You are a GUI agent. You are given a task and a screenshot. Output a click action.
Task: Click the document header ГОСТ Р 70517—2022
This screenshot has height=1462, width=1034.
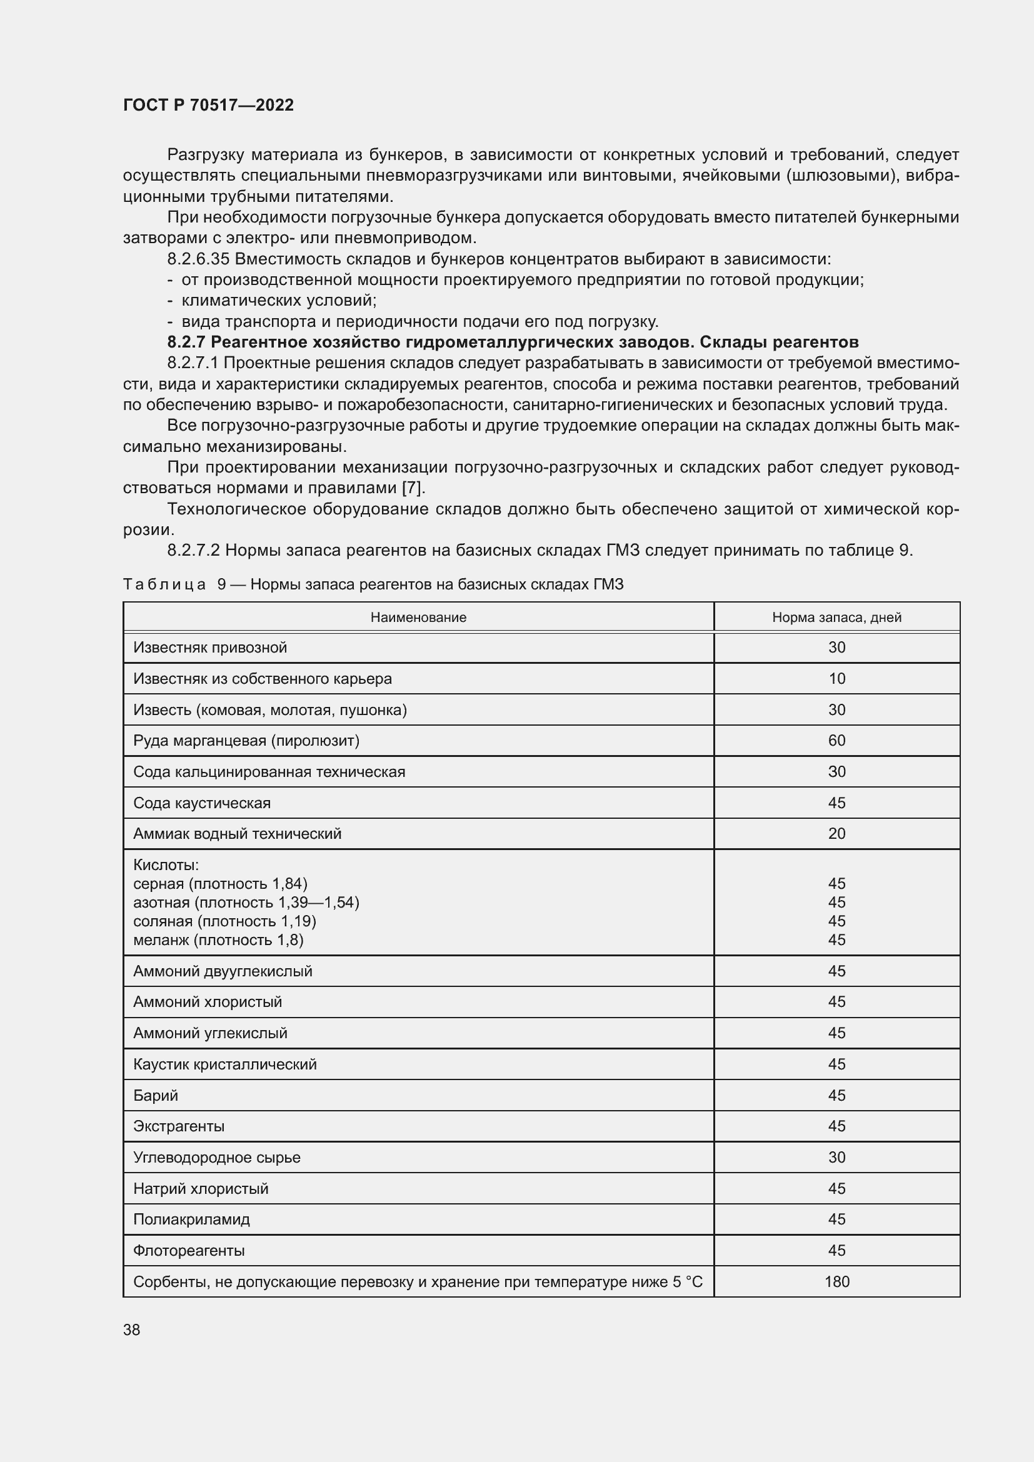coord(208,105)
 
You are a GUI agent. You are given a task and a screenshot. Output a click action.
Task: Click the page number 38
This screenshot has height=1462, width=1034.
coord(132,1329)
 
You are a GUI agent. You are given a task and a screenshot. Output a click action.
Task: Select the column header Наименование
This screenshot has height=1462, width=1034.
coord(418,617)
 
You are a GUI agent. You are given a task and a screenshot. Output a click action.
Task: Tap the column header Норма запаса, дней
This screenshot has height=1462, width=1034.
coord(836,617)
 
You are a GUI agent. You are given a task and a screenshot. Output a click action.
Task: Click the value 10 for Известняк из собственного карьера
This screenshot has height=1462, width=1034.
coord(836,679)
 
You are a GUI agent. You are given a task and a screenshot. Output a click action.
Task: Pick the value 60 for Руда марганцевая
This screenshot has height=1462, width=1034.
coord(836,741)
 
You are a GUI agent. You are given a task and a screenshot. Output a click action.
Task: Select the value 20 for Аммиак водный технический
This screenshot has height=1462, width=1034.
coord(836,834)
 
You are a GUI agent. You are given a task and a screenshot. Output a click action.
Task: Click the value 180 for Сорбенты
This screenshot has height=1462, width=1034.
coord(836,1282)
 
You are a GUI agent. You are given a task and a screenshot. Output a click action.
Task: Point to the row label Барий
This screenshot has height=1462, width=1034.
coord(156,1095)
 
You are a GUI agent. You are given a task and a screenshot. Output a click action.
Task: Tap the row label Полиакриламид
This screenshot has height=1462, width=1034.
coord(191,1219)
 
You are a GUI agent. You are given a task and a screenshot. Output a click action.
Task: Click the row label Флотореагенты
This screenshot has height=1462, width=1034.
coord(188,1251)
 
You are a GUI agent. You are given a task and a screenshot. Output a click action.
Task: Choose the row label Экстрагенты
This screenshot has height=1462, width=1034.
coord(178,1126)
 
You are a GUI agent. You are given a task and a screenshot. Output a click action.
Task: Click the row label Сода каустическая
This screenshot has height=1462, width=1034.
coord(202,803)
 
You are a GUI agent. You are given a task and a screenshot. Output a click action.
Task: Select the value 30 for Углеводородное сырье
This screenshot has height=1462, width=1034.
coord(836,1157)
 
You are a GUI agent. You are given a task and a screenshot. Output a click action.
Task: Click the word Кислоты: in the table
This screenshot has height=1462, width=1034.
coord(166,864)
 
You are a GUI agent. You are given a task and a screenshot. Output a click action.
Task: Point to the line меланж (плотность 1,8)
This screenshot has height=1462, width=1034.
coord(218,940)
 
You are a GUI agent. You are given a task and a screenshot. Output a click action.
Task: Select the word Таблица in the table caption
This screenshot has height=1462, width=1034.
coord(164,584)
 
